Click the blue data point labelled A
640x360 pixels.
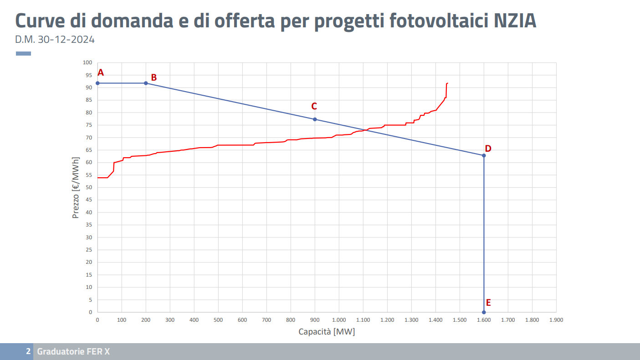click(97, 83)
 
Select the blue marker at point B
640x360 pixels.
click(146, 83)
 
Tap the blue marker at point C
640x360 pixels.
click(315, 119)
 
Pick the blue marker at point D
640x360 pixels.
click(484, 155)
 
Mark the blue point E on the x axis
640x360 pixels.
click(484, 312)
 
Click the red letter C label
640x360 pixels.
click(314, 106)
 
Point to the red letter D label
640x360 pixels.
click(488, 149)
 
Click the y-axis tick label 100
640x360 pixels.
click(87, 62)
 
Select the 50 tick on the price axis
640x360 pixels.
click(89, 187)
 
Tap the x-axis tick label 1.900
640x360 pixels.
click(556, 320)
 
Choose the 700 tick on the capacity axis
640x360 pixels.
click(266, 320)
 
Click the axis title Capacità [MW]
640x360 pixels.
click(327, 332)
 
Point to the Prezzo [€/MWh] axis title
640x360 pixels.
click(76, 187)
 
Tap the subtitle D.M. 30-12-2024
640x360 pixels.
click(55, 40)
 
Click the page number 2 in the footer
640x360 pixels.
click(28, 351)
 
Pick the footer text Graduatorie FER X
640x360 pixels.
click(73, 351)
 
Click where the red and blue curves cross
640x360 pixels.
click(365, 130)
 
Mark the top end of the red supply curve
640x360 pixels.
click(448, 83)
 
